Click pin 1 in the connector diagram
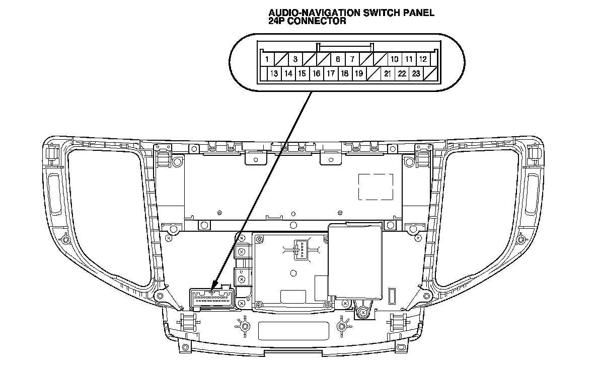point(266,59)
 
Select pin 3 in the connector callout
point(295,59)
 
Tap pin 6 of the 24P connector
point(338,59)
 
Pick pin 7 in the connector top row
point(352,59)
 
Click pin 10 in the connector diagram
point(395,59)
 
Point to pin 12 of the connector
point(423,59)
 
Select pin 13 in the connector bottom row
point(274,74)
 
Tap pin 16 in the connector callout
point(316,74)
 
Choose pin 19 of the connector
point(359,74)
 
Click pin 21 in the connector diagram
point(388,74)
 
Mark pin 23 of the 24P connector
point(416,74)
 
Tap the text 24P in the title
point(277,21)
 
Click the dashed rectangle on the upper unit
point(376,187)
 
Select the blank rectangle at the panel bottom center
point(293,330)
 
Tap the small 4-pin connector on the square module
point(301,249)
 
